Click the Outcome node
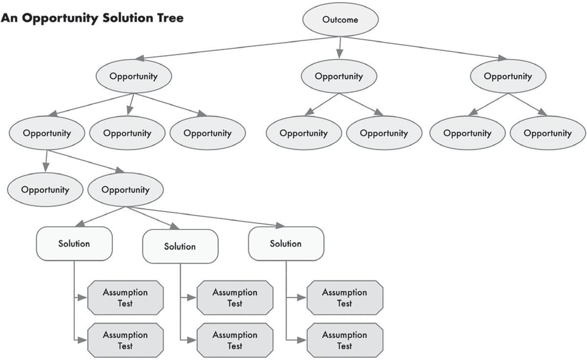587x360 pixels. click(340, 20)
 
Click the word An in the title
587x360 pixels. click(9, 18)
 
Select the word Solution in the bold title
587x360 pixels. click(126, 18)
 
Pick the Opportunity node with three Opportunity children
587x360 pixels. click(134, 76)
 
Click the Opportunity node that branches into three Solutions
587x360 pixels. click(126, 190)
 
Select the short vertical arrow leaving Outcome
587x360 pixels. click(340, 47)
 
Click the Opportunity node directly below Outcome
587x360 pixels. click(339, 76)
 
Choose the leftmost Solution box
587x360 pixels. click(74, 244)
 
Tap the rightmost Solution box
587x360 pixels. click(286, 244)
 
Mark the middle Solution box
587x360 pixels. click(181, 247)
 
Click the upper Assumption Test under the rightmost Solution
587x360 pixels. click(345, 298)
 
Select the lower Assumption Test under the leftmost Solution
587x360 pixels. click(125, 340)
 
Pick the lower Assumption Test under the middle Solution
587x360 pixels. click(235, 340)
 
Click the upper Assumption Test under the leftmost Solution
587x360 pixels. click(125, 298)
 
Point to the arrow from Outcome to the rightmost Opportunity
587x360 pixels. click(425, 48)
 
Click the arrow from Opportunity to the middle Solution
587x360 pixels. click(152, 218)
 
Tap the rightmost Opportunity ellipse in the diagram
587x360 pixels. click(548, 133)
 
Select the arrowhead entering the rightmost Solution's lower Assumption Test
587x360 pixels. click(301, 340)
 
